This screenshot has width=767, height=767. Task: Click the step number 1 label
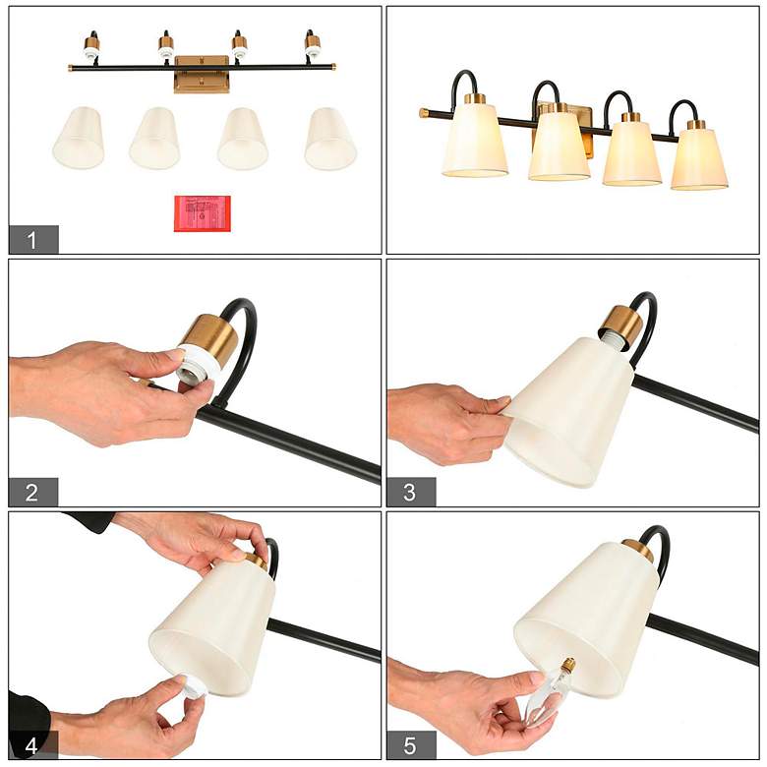tap(33, 239)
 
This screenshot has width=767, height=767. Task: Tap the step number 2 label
tap(33, 492)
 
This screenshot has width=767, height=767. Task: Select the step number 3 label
tap(411, 492)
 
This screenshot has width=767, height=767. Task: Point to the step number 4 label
tap(33, 745)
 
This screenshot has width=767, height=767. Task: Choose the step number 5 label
tap(411, 745)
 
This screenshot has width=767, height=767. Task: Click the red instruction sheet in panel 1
tap(203, 213)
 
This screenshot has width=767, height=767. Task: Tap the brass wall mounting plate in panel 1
tap(202, 74)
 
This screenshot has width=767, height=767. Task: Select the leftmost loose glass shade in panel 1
tap(79, 138)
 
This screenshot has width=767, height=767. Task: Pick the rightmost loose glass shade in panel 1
tap(330, 139)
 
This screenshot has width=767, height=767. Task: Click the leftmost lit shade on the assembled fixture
tap(475, 140)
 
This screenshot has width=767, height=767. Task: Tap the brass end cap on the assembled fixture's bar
tap(424, 113)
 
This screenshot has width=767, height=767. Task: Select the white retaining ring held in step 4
tap(192, 685)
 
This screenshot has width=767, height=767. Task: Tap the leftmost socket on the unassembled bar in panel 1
tap(91, 45)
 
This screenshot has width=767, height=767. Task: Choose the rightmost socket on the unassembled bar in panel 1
tap(312, 44)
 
